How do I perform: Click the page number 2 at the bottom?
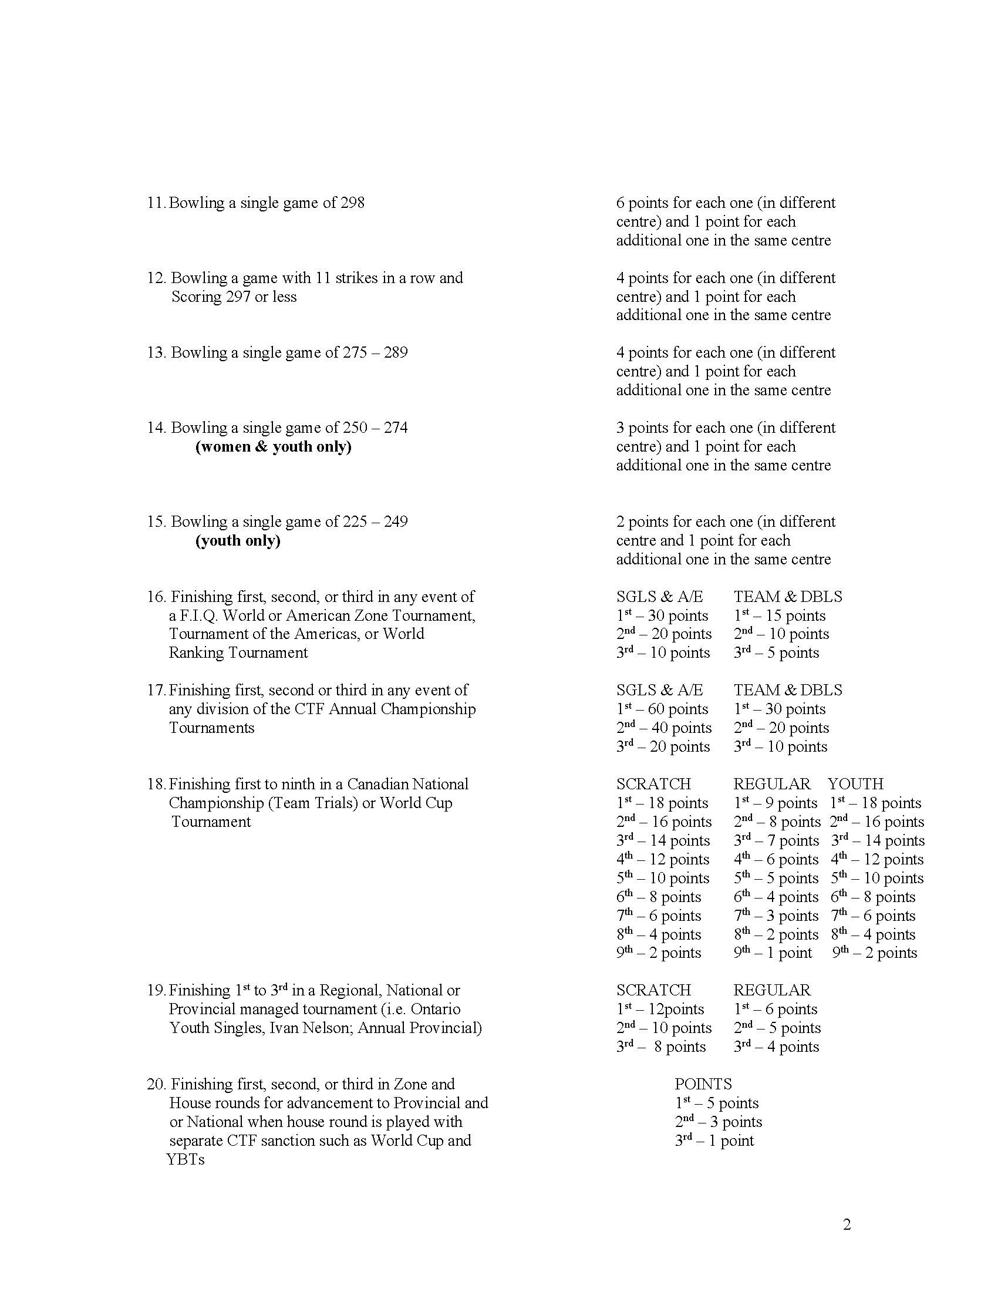[847, 1225]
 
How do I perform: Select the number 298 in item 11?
[352, 203]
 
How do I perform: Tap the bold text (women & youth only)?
[273, 447]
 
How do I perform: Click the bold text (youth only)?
[238, 541]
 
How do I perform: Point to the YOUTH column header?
[855, 784]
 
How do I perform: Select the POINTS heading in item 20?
[703, 1084]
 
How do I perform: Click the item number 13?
[156, 352]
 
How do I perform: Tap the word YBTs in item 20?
[185, 1159]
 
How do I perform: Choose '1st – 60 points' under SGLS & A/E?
[662, 709]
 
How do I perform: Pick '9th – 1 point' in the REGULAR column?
[773, 953]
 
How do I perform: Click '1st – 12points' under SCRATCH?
[660, 1009]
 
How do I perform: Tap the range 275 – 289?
[373, 352]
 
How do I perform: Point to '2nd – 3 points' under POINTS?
[719, 1122]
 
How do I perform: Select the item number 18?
[156, 785]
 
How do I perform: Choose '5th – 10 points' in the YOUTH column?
[877, 879]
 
